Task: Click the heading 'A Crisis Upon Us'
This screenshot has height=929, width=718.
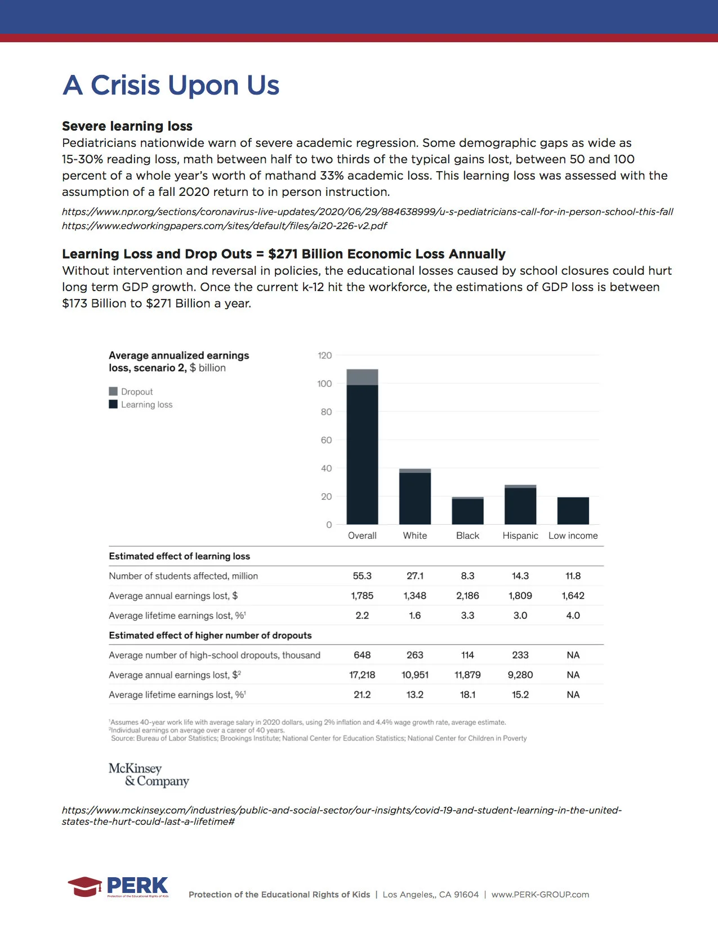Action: tap(171, 86)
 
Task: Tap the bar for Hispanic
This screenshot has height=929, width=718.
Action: tap(520, 504)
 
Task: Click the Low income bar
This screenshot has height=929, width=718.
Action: tap(573, 511)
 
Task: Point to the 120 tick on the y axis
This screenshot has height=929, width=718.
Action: tap(325, 355)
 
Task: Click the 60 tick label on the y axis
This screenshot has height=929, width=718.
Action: tap(326, 440)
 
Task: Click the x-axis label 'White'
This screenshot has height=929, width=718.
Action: tap(415, 535)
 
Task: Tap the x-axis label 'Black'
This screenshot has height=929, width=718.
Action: tap(467, 535)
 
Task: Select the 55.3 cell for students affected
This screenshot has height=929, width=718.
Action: tap(362, 576)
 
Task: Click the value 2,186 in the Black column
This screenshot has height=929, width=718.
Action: tap(467, 596)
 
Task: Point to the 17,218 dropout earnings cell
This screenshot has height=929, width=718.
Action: tap(362, 675)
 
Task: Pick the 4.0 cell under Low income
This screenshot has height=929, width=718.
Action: tap(573, 615)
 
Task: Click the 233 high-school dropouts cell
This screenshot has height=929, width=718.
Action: tap(520, 655)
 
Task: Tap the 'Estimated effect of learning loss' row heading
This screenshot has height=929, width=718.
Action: tap(179, 556)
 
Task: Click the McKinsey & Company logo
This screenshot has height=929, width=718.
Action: tap(149, 775)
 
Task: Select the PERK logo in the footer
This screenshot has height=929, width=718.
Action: tap(119, 887)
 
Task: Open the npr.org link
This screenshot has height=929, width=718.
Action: tap(367, 212)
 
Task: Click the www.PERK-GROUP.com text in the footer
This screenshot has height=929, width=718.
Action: tap(540, 895)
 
